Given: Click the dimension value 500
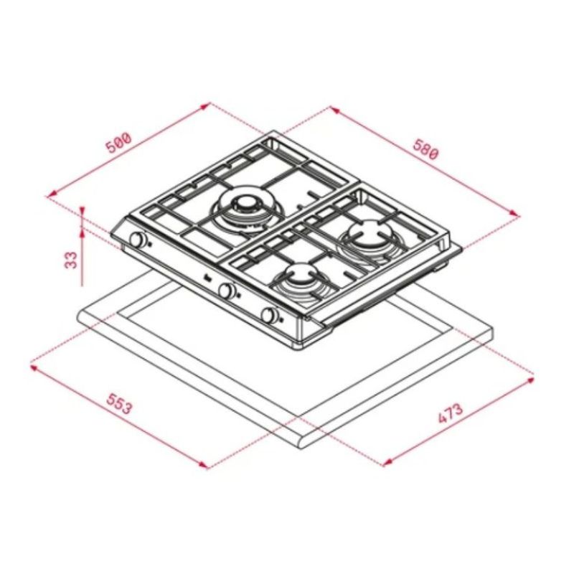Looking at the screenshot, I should coord(118,142).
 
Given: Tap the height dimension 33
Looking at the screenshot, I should coord(70,258).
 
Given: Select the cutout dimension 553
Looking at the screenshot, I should coord(119,407).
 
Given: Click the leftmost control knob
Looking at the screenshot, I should coord(137,240).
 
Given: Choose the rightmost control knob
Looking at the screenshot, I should coord(270,316).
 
